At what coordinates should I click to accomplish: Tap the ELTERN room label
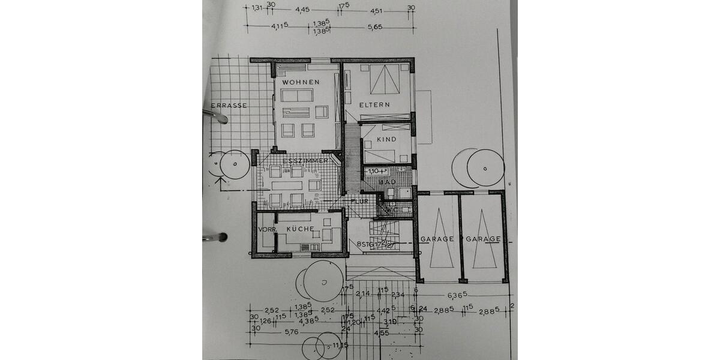(x=375, y=104)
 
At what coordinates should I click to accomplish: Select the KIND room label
(x=386, y=139)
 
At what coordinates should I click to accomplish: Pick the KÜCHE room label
(x=300, y=230)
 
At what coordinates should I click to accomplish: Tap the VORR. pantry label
(x=266, y=230)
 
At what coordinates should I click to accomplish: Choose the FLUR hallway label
(x=360, y=202)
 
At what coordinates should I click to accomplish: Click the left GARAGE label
(x=437, y=239)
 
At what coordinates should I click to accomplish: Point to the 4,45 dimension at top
(x=302, y=10)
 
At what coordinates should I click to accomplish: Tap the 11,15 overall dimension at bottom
(x=340, y=346)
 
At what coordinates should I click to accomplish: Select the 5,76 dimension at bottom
(x=292, y=332)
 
